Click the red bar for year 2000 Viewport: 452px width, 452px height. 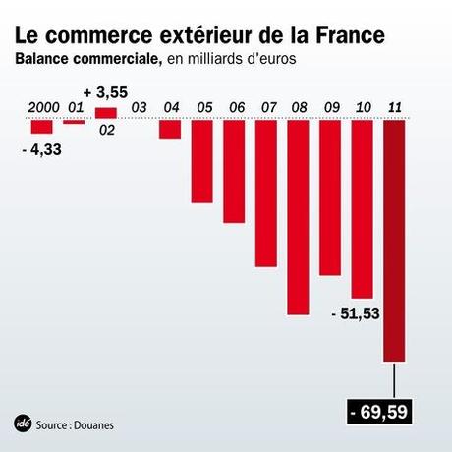pyautogui.click(x=40, y=127)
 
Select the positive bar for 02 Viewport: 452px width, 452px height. pyautogui.click(x=105, y=113)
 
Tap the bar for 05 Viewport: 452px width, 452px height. pyautogui.click(x=201, y=161)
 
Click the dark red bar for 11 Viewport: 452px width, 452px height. pyautogui.click(x=394, y=241)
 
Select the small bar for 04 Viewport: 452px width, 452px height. pyautogui.click(x=170, y=129)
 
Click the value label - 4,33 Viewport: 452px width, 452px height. pyautogui.click(x=41, y=148)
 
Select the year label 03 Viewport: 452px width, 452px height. pyautogui.click(x=139, y=107)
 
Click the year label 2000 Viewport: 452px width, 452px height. pyautogui.click(x=41, y=107)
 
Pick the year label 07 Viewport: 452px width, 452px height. pyautogui.click(x=266, y=107)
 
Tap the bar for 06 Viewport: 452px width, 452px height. pyautogui.click(x=234, y=171)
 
